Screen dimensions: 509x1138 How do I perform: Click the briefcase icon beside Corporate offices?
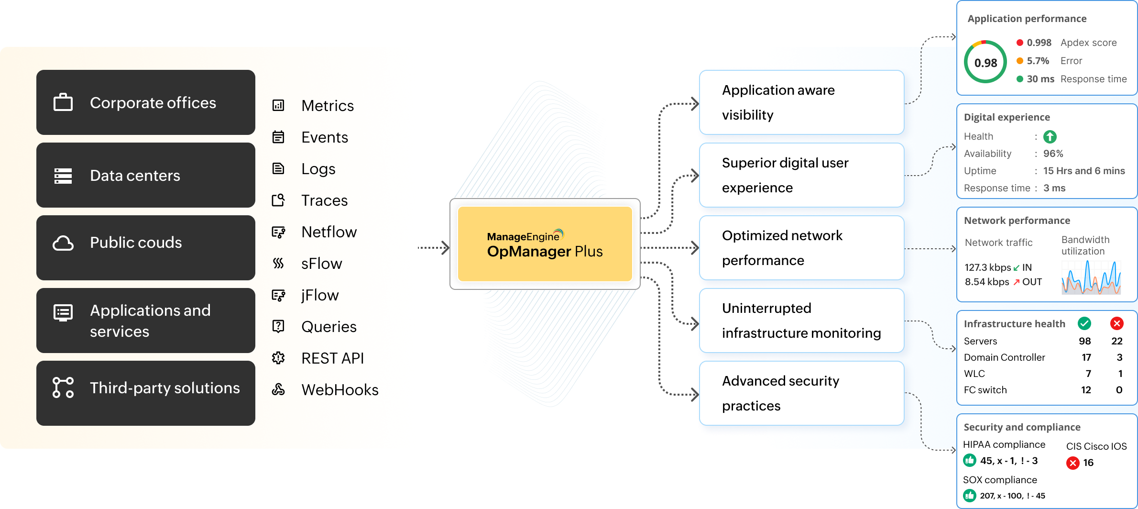click(63, 102)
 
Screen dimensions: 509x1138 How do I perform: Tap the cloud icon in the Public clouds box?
click(63, 243)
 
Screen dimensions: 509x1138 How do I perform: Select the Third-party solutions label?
click(164, 388)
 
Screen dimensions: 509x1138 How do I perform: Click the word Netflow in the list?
click(329, 232)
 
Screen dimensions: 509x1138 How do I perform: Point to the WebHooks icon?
click(278, 390)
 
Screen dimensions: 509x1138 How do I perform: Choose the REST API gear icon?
click(278, 358)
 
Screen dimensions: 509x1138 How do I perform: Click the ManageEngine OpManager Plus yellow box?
click(545, 244)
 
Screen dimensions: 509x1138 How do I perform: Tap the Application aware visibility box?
click(801, 102)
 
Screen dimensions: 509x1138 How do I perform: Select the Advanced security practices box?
click(801, 393)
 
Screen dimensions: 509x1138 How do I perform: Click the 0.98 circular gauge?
click(985, 62)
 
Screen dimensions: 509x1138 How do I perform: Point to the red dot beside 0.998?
click(1020, 43)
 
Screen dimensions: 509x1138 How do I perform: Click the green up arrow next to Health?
click(1050, 137)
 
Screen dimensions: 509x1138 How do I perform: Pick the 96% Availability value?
click(1053, 154)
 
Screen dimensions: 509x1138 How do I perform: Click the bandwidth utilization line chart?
click(1091, 277)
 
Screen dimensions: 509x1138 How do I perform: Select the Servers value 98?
click(1084, 341)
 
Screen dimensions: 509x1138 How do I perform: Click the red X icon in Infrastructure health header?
click(1117, 324)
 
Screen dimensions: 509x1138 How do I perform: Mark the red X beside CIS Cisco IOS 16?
click(1073, 463)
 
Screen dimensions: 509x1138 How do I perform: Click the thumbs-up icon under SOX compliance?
click(970, 496)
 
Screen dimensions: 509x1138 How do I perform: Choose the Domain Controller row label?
click(1004, 357)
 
